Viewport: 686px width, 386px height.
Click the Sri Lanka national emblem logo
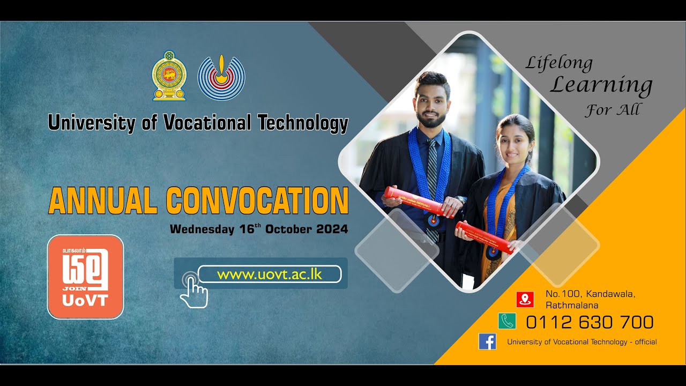coord(169,76)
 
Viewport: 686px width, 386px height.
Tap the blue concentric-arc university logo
coord(221,76)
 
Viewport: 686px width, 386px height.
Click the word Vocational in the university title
coord(207,123)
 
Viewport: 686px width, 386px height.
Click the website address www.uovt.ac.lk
coord(269,274)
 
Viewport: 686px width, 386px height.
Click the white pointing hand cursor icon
coord(193,292)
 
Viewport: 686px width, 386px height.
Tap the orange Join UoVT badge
coord(86,277)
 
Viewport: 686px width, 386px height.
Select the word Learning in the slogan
coord(601,85)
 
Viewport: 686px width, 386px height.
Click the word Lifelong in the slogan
coord(558,64)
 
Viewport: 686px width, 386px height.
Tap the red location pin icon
coord(525,299)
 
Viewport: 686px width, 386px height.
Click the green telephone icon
coord(507,321)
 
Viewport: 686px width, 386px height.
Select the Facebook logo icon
coord(487,342)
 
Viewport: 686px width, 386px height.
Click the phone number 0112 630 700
coord(590,322)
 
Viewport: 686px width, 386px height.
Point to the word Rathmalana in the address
coord(572,306)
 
